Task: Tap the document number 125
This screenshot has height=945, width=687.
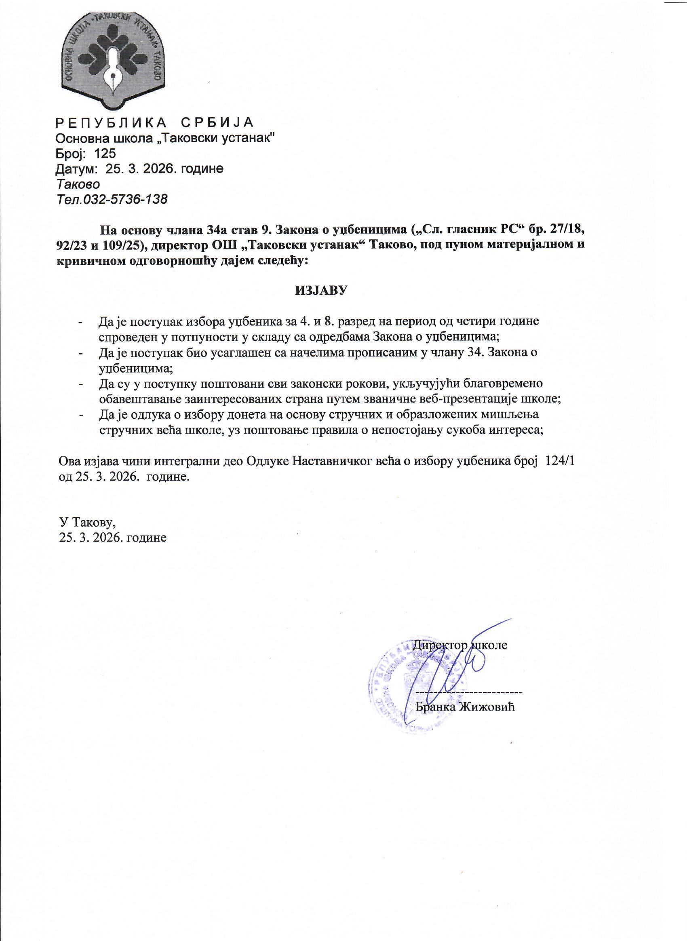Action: (x=105, y=153)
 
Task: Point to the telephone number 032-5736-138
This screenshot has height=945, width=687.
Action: (x=125, y=199)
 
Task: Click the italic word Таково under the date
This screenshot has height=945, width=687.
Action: (x=78, y=184)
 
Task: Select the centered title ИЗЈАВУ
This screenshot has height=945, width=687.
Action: (x=321, y=291)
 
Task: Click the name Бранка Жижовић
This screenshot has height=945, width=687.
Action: (x=465, y=707)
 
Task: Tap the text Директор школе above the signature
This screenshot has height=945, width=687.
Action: (x=460, y=645)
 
